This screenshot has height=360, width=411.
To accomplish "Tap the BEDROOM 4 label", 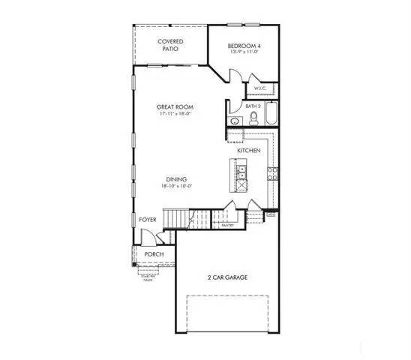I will point(244,46).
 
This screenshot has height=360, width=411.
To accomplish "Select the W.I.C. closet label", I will point(261,88).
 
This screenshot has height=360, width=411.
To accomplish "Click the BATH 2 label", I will point(253,106).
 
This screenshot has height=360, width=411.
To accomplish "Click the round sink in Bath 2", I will point(235,121).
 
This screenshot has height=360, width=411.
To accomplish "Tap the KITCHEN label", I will point(249,151).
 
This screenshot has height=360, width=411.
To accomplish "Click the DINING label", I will point(177,179).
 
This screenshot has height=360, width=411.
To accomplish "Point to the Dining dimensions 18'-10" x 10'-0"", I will point(177,187).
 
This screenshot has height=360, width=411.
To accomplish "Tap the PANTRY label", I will point(228,224).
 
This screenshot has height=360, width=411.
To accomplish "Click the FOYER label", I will point(148,220).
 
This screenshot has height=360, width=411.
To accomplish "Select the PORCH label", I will point(154,254).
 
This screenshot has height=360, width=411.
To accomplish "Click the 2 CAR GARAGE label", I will point(228,277).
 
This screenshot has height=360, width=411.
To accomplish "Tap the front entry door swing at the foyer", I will point(148,236).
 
